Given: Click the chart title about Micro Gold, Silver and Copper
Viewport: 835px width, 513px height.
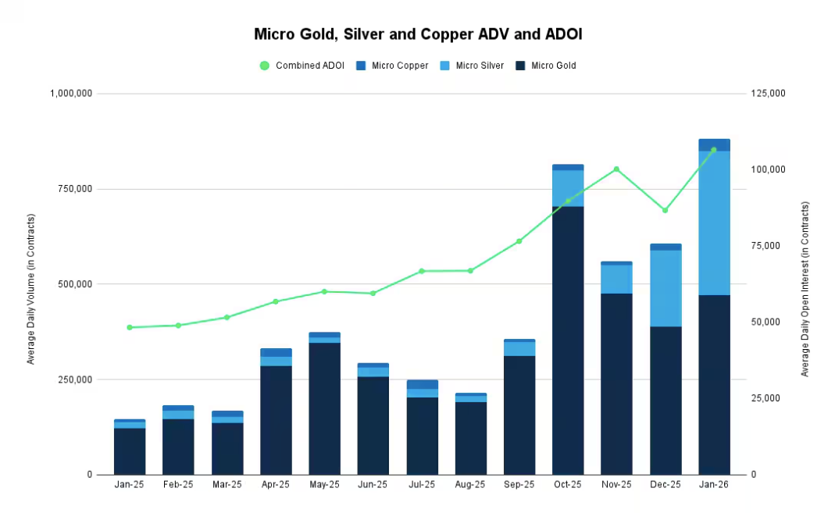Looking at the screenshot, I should point(418,34).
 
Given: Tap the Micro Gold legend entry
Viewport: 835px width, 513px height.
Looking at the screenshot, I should point(546,66).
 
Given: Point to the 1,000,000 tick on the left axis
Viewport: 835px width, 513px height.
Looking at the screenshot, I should point(71,94).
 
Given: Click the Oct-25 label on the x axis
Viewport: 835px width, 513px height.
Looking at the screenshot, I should point(568,485).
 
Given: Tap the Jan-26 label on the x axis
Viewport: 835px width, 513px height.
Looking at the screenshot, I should point(714,485).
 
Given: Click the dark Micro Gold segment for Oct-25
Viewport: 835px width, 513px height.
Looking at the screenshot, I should point(568,340).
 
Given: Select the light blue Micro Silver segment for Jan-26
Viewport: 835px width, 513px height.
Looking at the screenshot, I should point(714,223).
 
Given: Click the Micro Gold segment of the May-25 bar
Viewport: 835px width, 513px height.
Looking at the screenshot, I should point(324,408).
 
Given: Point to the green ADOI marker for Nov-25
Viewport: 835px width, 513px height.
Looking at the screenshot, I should point(616,169).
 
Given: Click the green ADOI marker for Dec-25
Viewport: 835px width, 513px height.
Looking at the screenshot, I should point(666,211).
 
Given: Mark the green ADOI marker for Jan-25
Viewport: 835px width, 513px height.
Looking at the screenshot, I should point(130,327).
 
